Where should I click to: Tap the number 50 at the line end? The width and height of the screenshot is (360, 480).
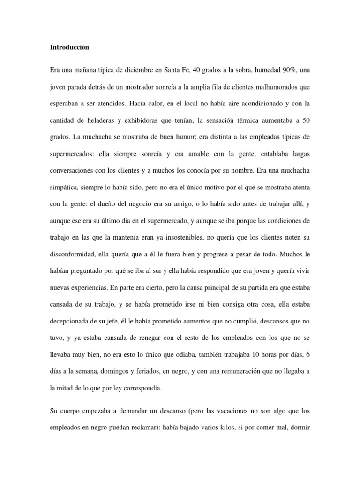[306, 121]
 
